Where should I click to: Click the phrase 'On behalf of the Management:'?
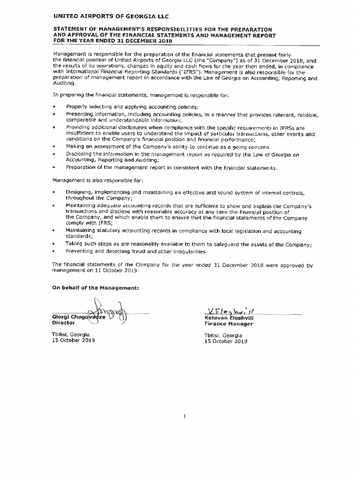88,287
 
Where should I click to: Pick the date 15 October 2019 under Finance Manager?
225,341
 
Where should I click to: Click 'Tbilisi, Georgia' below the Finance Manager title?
223,335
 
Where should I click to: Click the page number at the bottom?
185,415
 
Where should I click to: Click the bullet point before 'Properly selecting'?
54,107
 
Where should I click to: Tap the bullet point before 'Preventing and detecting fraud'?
54,252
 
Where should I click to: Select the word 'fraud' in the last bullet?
141,252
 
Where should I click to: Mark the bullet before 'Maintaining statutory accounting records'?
54,231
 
